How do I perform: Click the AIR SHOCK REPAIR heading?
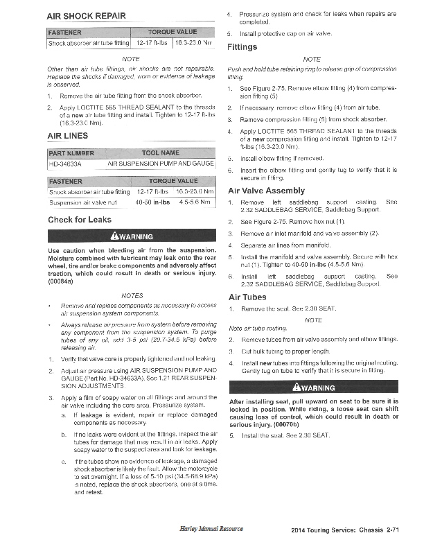[86, 15]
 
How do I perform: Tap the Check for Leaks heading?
[79, 220]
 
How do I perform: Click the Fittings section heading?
[242, 47]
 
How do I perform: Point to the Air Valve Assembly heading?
[266, 191]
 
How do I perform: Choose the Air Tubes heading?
[247, 297]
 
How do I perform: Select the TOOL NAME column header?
[160, 152]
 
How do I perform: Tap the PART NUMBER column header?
[71, 152]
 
